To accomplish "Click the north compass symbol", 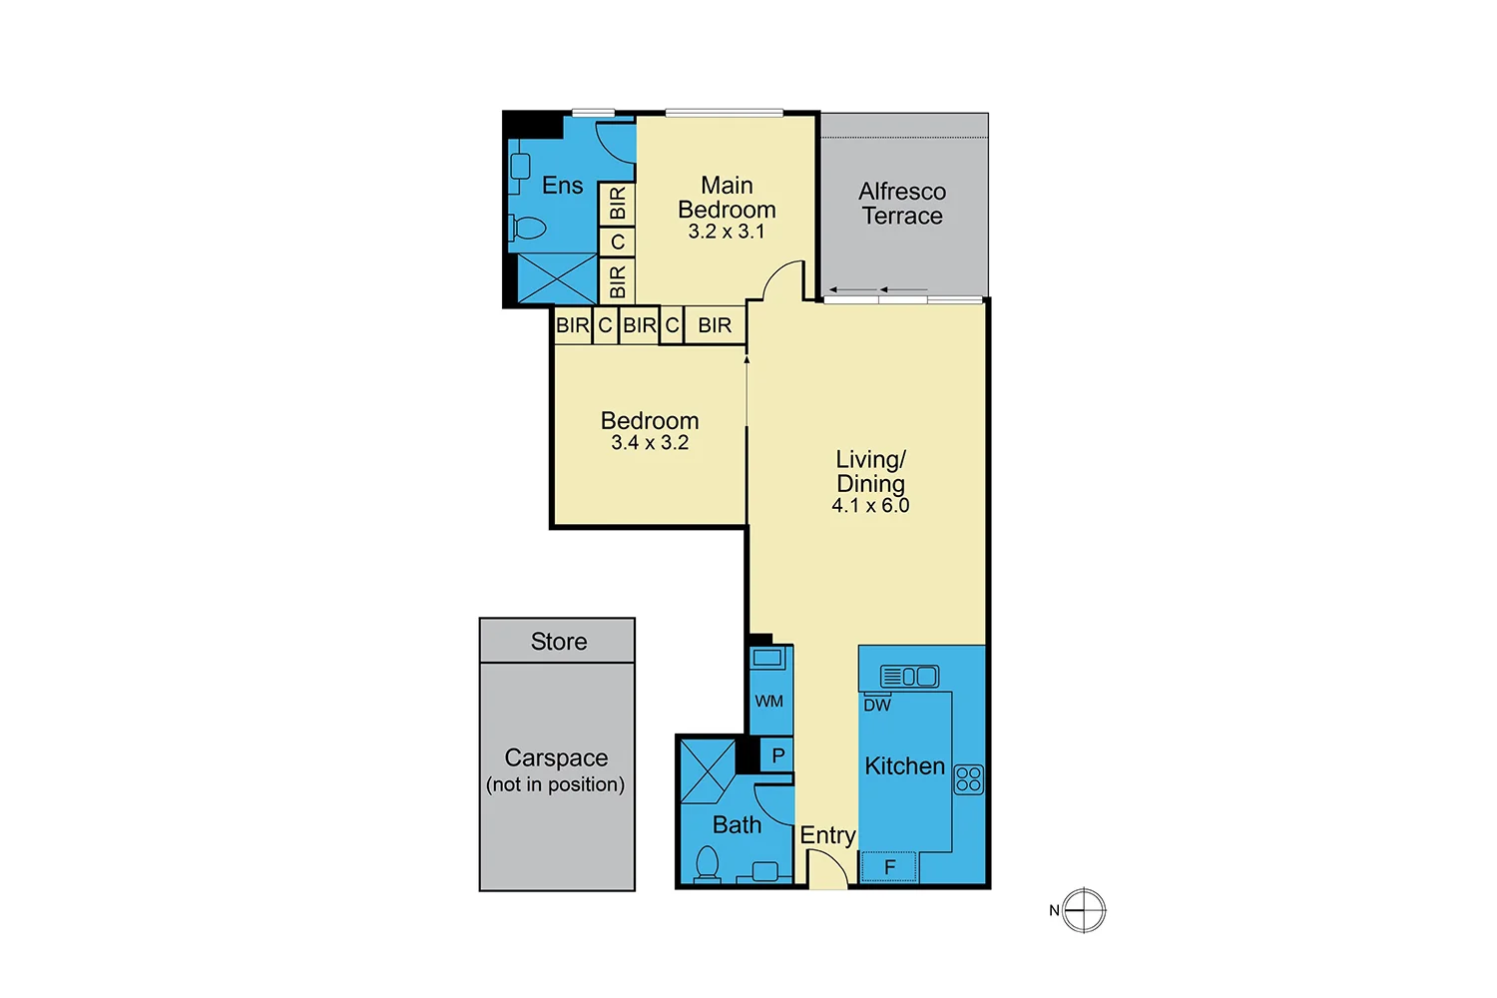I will pyautogui.click(x=1084, y=910).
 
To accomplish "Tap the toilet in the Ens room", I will pyautogui.click(x=528, y=229).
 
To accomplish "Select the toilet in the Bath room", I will pyautogui.click(x=707, y=863).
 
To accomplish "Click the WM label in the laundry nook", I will pyautogui.click(x=768, y=702).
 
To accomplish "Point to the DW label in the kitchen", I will pyautogui.click(x=877, y=706).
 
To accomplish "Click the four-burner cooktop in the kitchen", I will pyautogui.click(x=968, y=779).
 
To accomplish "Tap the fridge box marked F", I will pyautogui.click(x=889, y=867).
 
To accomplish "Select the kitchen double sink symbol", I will pyautogui.click(x=909, y=677).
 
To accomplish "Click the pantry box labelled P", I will pyautogui.click(x=777, y=755).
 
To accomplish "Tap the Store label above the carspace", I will pyautogui.click(x=558, y=642).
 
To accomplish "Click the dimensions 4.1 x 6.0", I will pyautogui.click(x=870, y=506).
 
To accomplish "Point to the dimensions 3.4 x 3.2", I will pyautogui.click(x=650, y=443).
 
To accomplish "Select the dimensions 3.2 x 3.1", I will pyautogui.click(x=727, y=232).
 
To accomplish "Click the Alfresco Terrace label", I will pyautogui.click(x=902, y=204).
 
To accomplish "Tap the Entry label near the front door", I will pyautogui.click(x=827, y=835).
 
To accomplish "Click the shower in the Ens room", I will pyautogui.click(x=556, y=278).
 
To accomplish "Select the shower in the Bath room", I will pyautogui.click(x=708, y=770).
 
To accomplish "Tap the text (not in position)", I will pyautogui.click(x=555, y=784).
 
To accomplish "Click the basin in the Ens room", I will pyautogui.click(x=520, y=167).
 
